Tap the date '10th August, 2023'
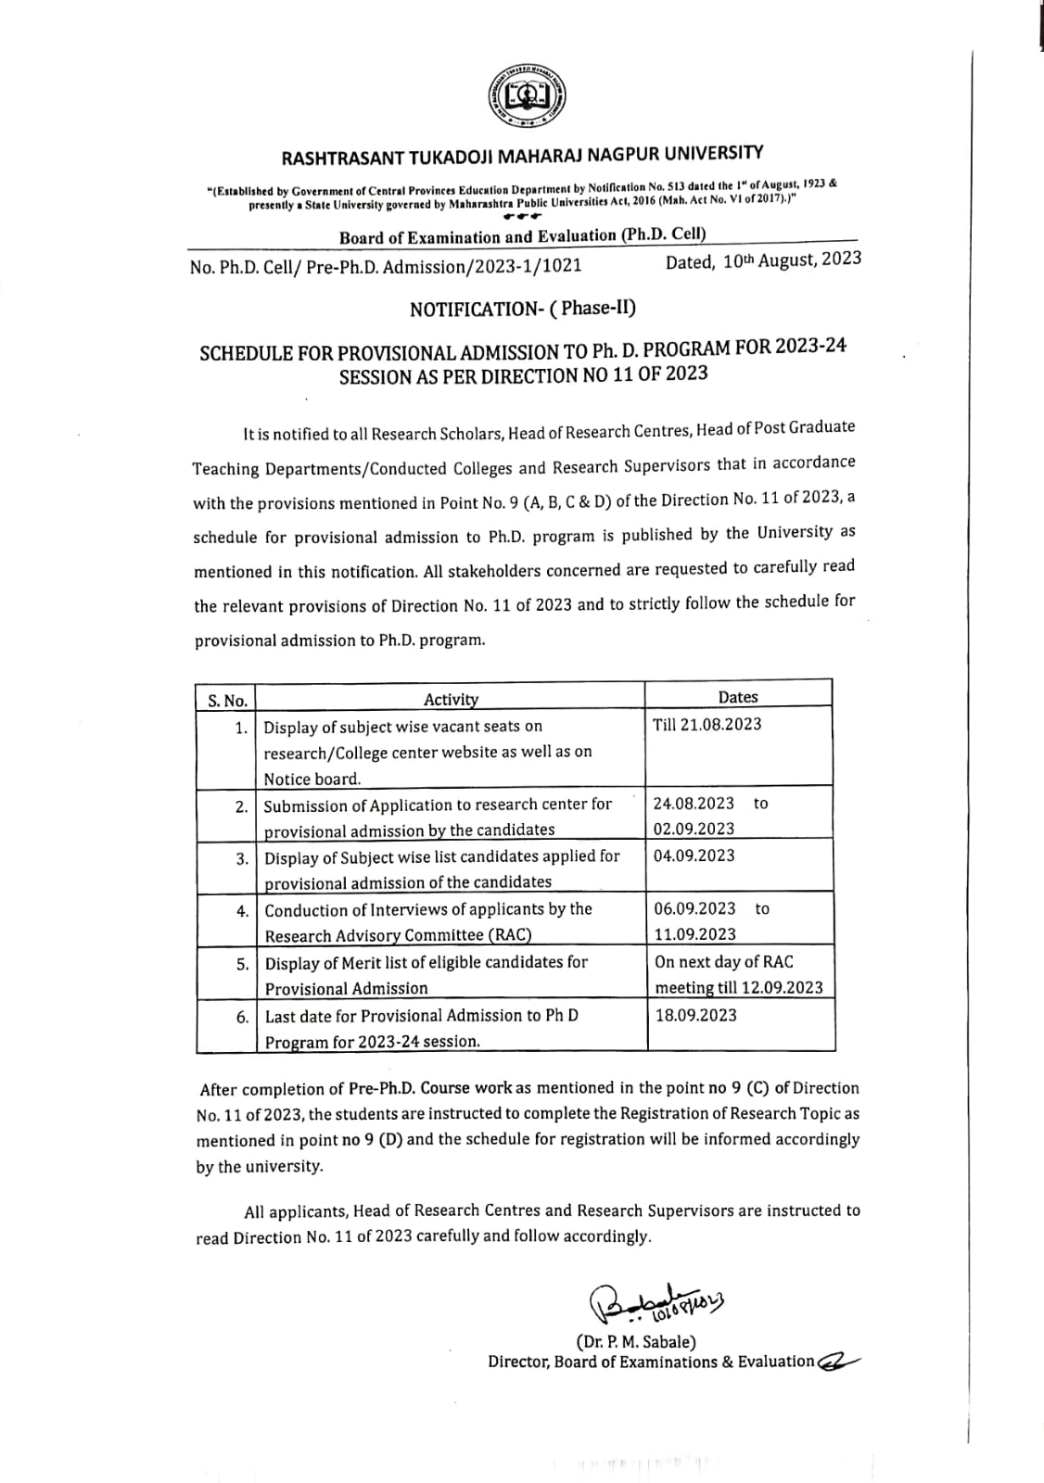coord(763,260)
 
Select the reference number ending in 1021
coord(386,267)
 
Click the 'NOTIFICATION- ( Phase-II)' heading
coord(523,309)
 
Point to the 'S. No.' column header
coord(227,700)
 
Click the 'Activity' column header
coord(451,699)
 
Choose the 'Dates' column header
coord(738,697)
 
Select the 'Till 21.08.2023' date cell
coord(707,724)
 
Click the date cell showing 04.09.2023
coord(694,856)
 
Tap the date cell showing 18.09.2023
coord(696,1015)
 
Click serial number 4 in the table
coord(242,911)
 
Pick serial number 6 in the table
coord(242,1017)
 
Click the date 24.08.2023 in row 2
coord(694,803)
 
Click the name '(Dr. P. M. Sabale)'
coord(636,1341)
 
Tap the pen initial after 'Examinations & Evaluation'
coord(839,1361)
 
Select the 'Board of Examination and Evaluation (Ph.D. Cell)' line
coord(522,236)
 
